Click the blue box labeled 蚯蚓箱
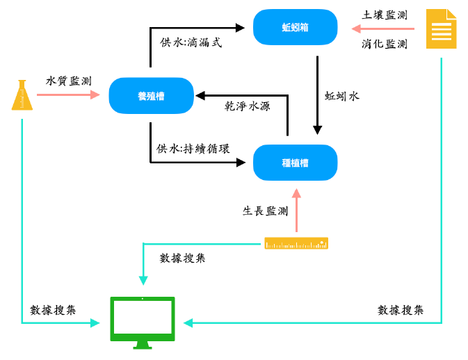click(295, 28)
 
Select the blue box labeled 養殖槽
click(151, 95)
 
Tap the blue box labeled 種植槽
click(295, 163)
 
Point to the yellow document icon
click(441, 28)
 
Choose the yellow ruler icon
click(296, 243)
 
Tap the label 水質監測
click(68, 81)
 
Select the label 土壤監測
click(385, 15)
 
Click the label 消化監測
click(385, 44)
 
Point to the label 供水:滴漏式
click(191, 42)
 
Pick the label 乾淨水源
click(247, 106)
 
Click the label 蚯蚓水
click(341, 96)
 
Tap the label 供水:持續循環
click(193, 148)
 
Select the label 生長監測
click(265, 211)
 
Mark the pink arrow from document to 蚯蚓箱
click(383, 29)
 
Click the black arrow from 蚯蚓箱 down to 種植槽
click(317, 95)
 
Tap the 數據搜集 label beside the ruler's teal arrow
click(182, 258)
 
